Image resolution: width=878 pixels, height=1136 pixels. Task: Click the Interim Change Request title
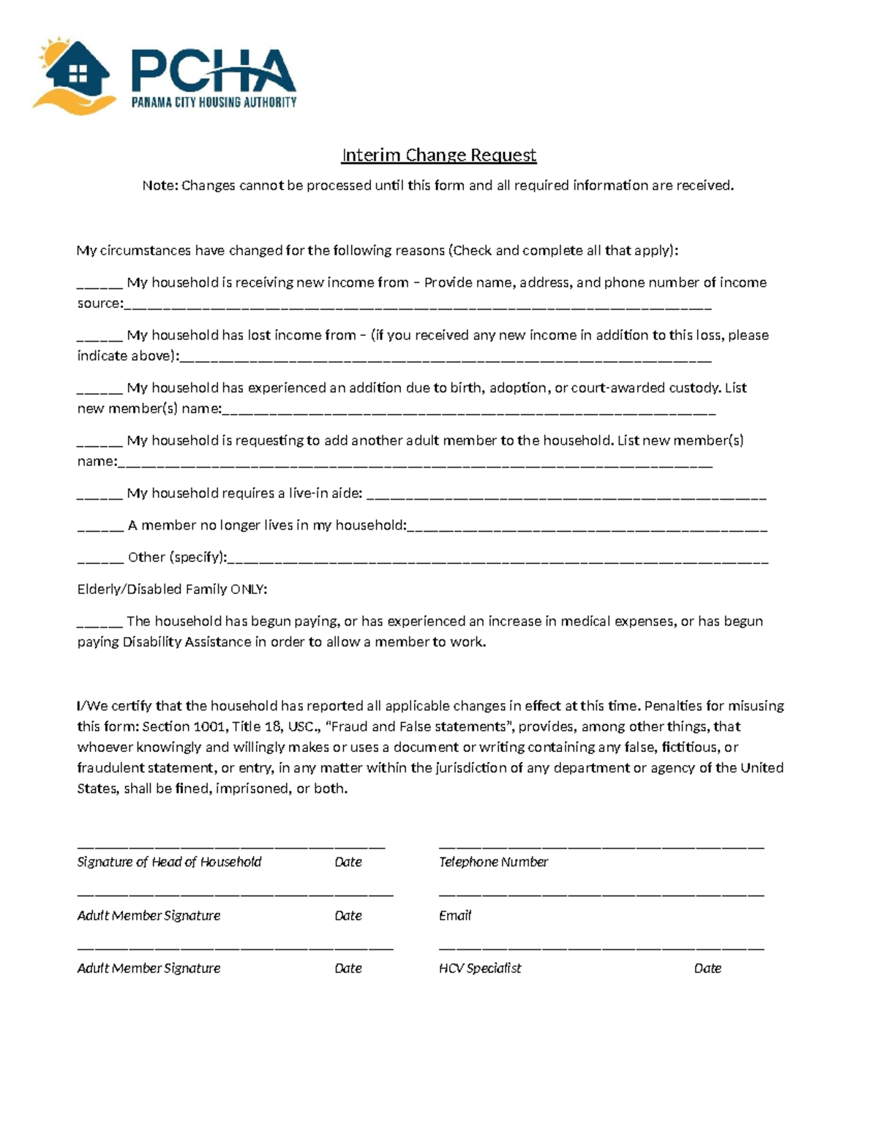pyautogui.click(x=439, y=155)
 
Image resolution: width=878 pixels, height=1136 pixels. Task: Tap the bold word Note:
pyautogui.click(x=160, y=186)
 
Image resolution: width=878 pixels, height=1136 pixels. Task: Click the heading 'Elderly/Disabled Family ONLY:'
pyautogui.click(x=172, y=590)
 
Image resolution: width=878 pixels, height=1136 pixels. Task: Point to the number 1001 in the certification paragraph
pyautogui.click(x=209, y=727)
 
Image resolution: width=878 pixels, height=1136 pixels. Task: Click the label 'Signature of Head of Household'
pyautogui.click(x=169, y=862)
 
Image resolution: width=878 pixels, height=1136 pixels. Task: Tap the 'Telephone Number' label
pyautogui.click(x=493, y=862)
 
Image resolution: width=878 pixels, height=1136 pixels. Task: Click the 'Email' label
pyautogui.click(x=455, y=916)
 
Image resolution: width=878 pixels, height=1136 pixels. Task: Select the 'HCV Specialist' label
pyautogui.click(x=480, y=968)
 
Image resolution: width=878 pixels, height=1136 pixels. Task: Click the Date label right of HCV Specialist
pyautogui.click(x=708, y=968)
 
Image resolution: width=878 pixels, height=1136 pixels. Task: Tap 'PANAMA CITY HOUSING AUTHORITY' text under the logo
pyautogui.click(x=214, y=103)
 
